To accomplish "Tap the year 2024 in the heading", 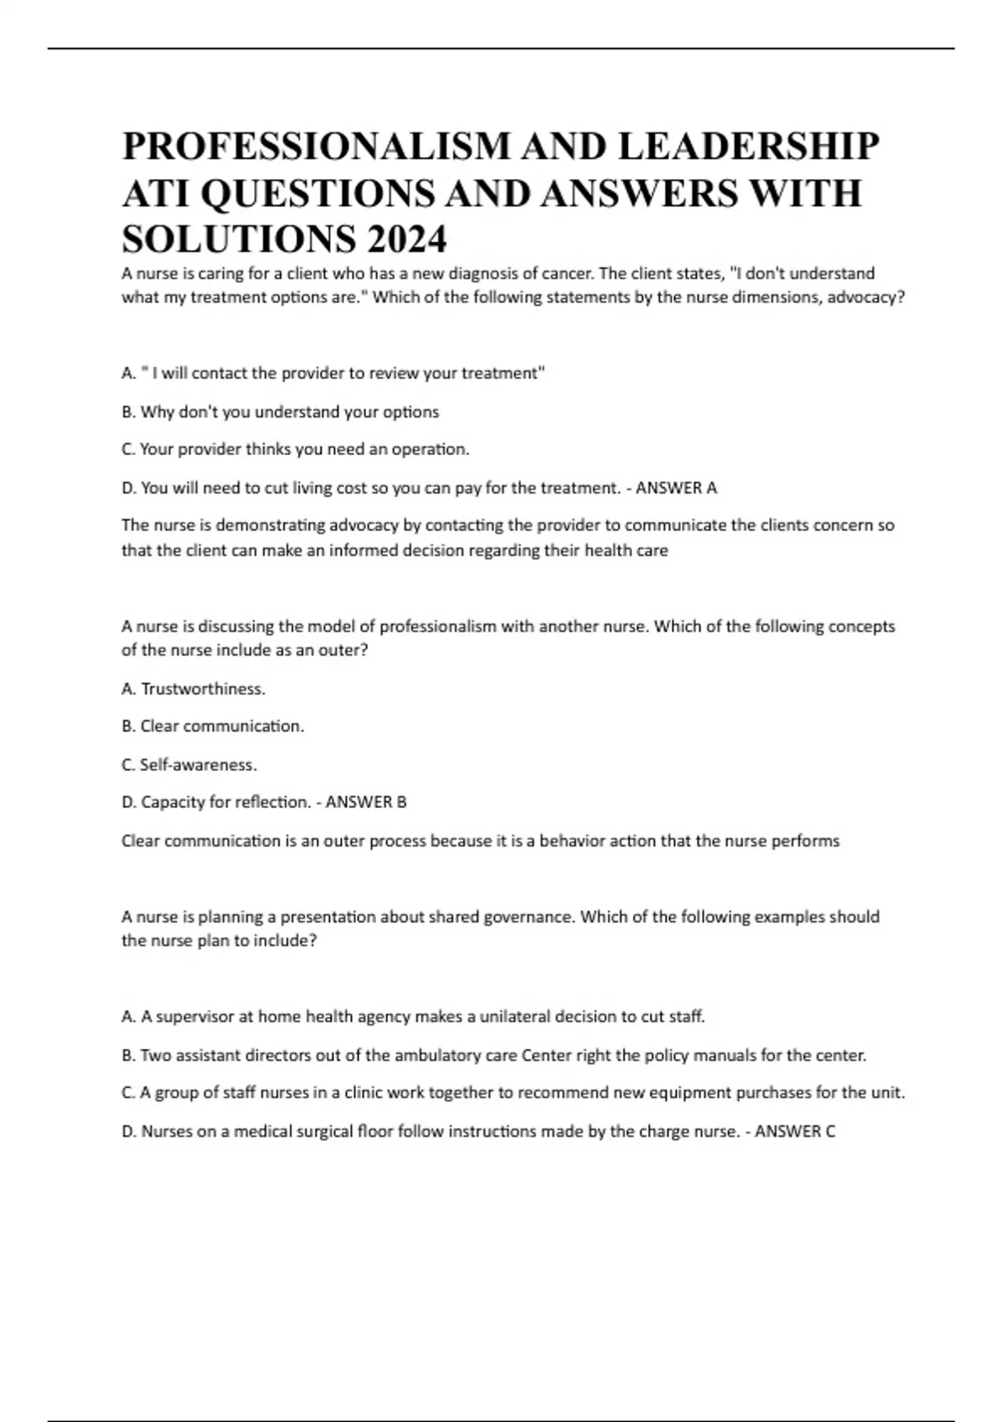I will coord(405,240).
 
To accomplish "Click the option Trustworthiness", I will coord(203,689).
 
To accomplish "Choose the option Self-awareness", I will coord(198,765).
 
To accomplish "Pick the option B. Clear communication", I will coord(213,726).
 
